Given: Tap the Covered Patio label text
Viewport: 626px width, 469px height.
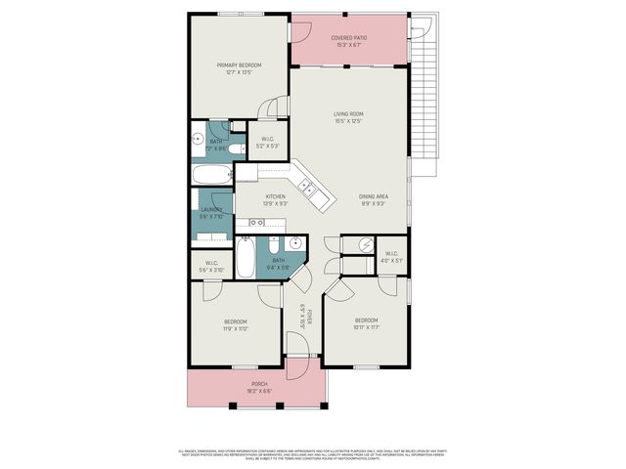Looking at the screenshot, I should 348,38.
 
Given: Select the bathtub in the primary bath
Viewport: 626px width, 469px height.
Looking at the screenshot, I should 211,176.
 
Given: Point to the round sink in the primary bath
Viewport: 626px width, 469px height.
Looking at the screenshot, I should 197,138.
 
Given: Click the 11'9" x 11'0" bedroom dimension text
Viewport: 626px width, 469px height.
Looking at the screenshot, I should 236,329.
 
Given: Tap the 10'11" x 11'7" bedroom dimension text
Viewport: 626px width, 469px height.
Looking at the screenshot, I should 366,327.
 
